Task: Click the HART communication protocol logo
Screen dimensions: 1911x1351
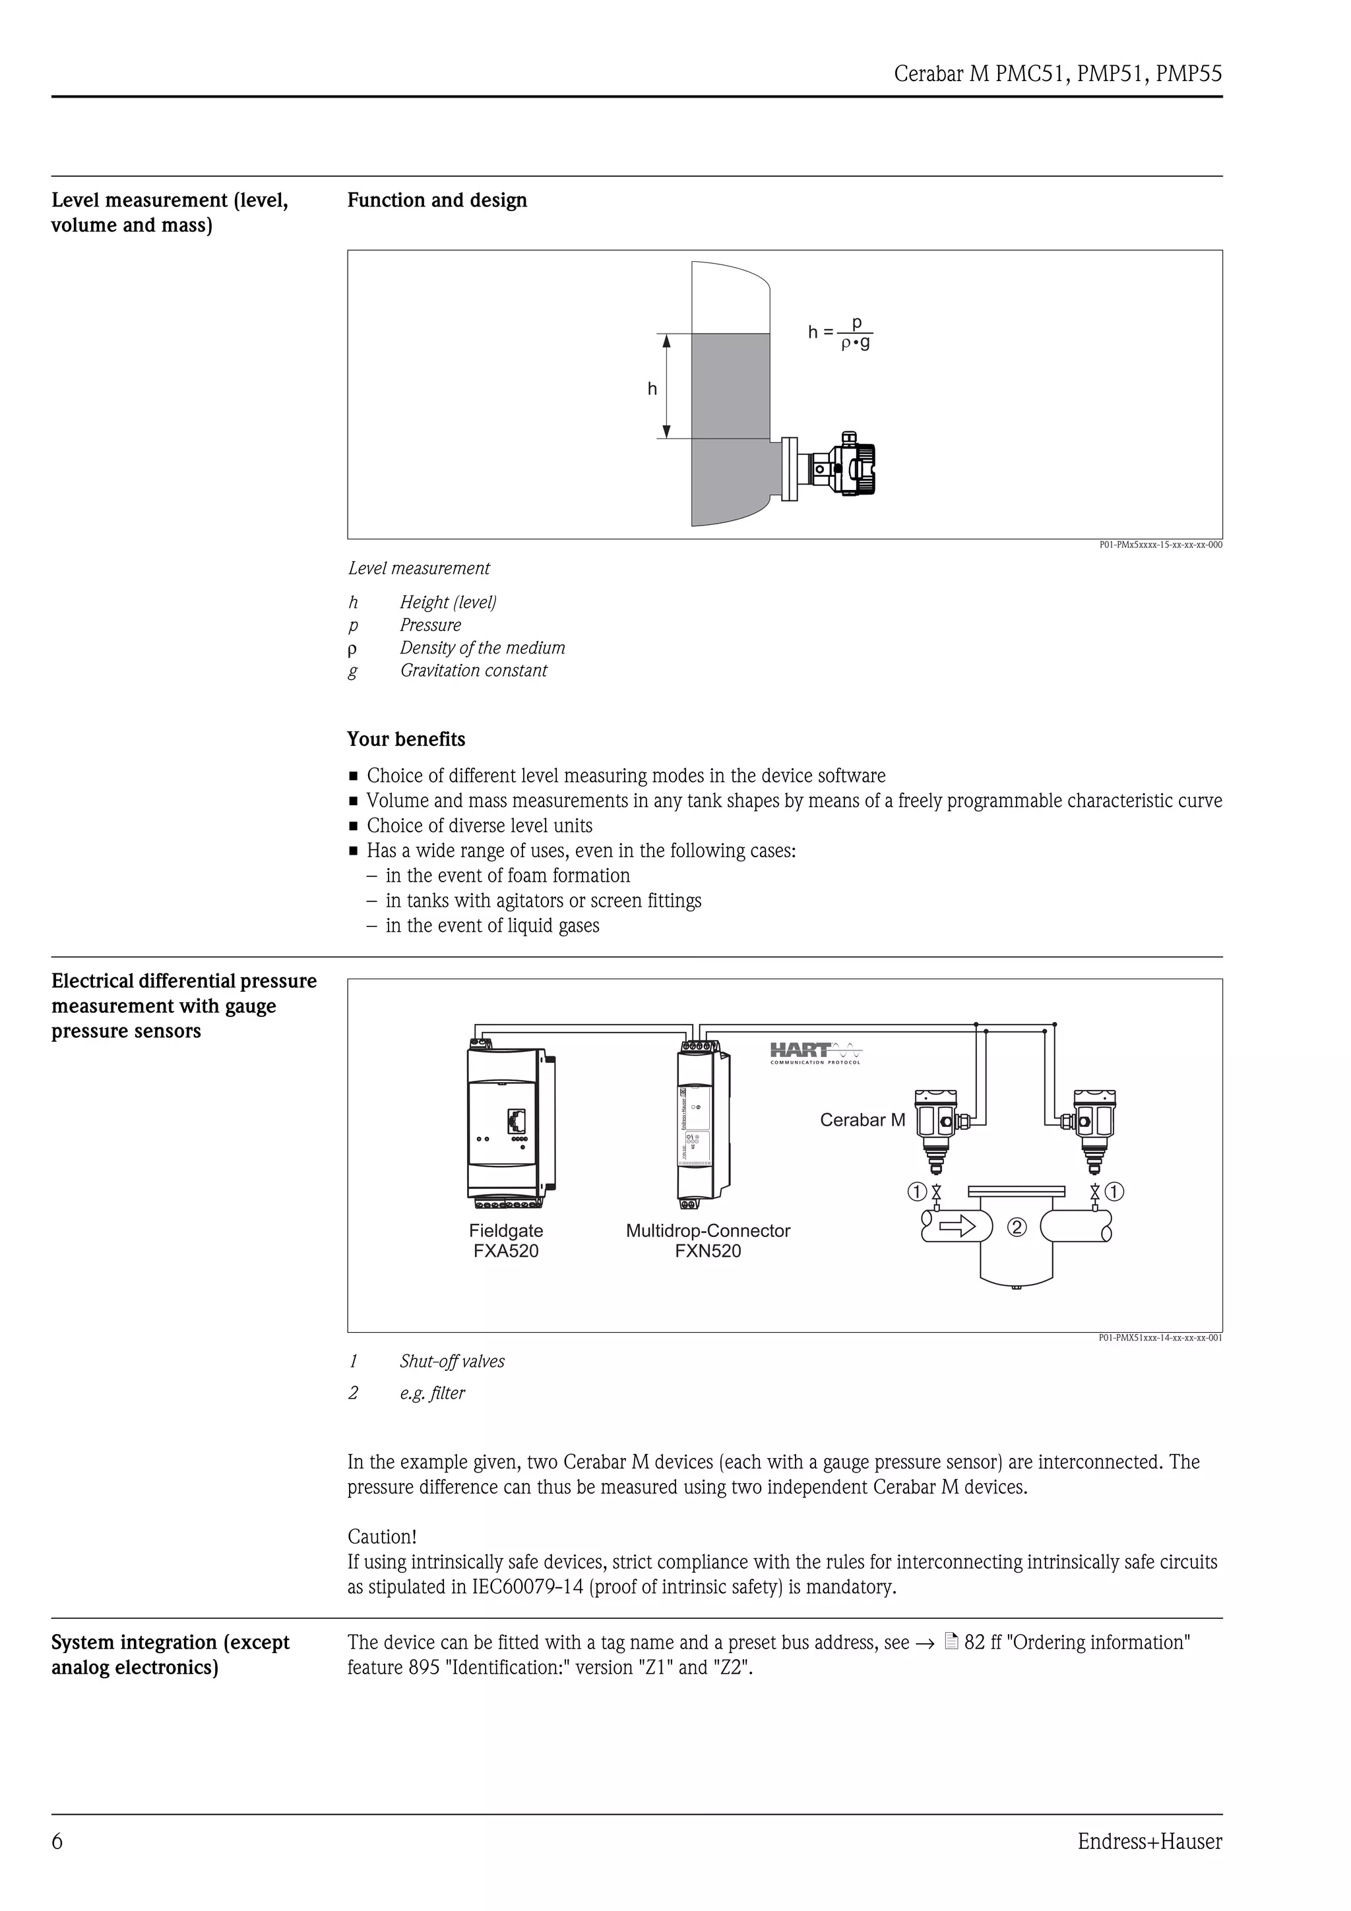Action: (x=816, y=1053)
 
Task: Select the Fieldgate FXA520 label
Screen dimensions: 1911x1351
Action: (x=506, y=1240)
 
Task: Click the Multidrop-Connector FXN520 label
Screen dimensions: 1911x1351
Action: (x=708, y=1240)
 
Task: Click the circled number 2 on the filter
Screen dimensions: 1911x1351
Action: (x=1017, y=1226)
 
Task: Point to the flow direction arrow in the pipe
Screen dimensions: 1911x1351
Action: (x=957, y=1225)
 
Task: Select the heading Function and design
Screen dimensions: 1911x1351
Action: (x=437, y=200)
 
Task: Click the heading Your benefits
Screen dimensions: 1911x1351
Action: (x=406, y=739)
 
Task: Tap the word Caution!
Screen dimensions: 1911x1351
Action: (x=382, y=1536)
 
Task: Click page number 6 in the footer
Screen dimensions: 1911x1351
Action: (x=57, y=1842)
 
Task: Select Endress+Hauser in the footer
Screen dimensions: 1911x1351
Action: (x=1150, y=1842)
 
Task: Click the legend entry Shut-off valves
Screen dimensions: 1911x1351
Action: (x=452, y=1362)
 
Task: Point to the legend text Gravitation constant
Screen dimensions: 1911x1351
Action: (x=474, y=671)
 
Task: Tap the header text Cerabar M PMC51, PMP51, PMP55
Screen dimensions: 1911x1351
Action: (x=1057, y=74)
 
